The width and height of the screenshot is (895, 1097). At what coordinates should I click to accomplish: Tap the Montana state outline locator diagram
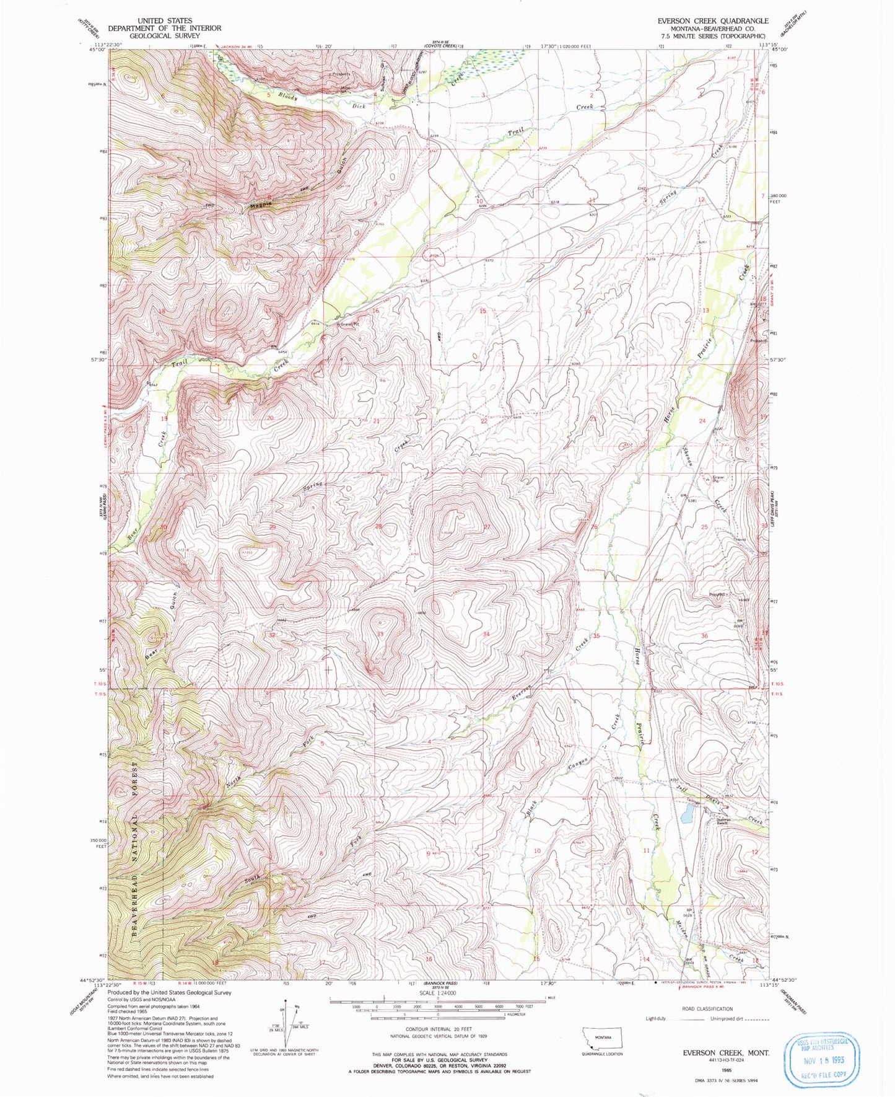(x=600, y=1036)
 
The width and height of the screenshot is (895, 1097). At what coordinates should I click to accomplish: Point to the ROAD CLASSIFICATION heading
(x=706, y=1008)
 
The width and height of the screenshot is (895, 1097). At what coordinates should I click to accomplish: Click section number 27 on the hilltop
(x=487, y=527)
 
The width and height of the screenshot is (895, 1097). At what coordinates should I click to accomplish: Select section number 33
(x=380, y=633)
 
